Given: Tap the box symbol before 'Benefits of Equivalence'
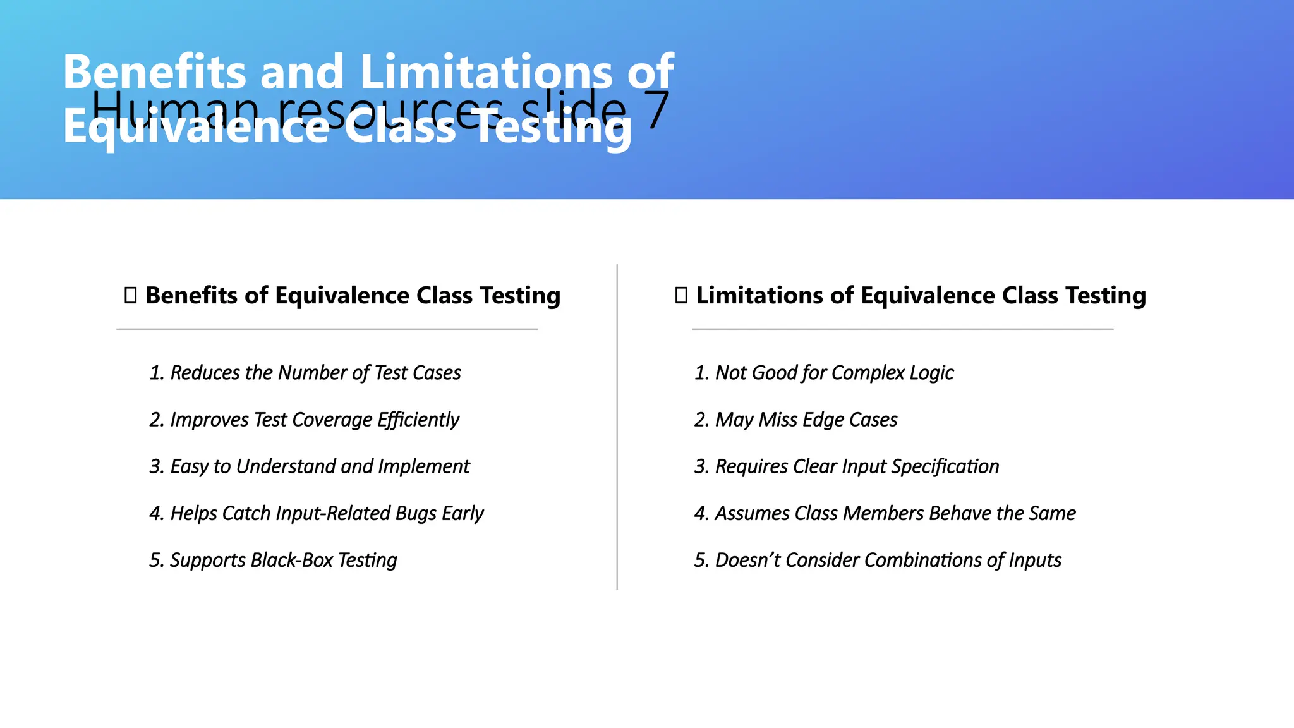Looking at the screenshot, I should [131, 296].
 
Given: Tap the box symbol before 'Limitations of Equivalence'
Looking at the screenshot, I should [681, 296].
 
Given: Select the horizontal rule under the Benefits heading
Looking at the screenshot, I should [327, 329].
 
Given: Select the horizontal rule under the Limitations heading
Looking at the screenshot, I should [902, 329].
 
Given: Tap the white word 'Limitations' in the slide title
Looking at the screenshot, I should [486, 72].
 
